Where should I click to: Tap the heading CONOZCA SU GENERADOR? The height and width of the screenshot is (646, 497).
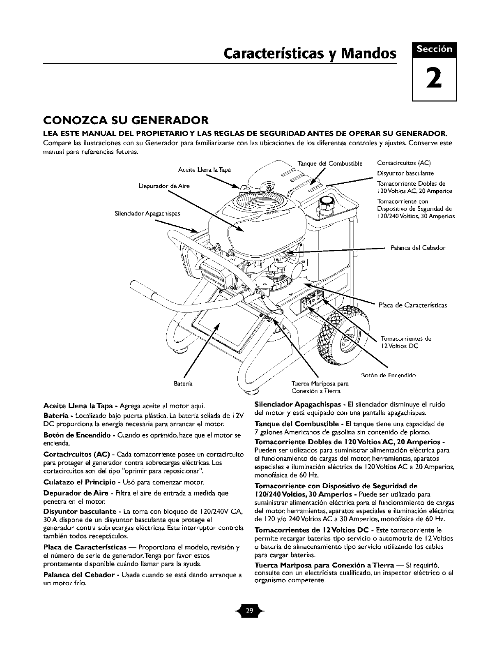(x=127, y=121)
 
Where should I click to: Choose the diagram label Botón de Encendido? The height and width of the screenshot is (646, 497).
(x=388, y=375)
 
